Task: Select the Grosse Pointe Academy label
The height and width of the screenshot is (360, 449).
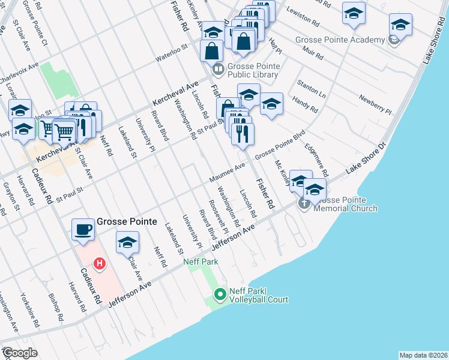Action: [x=348, y=40]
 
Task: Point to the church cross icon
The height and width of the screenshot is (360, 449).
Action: [x=304, y=204]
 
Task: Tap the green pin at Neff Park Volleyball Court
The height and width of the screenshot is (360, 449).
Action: [x=220, y=294]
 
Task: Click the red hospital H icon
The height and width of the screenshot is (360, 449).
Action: [x=100, y=263]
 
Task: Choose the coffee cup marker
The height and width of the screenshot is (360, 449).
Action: [x=83, y=229]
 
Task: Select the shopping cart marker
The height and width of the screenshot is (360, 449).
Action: [x=64, y=131]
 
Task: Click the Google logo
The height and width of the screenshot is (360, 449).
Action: [x=20, y=353]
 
